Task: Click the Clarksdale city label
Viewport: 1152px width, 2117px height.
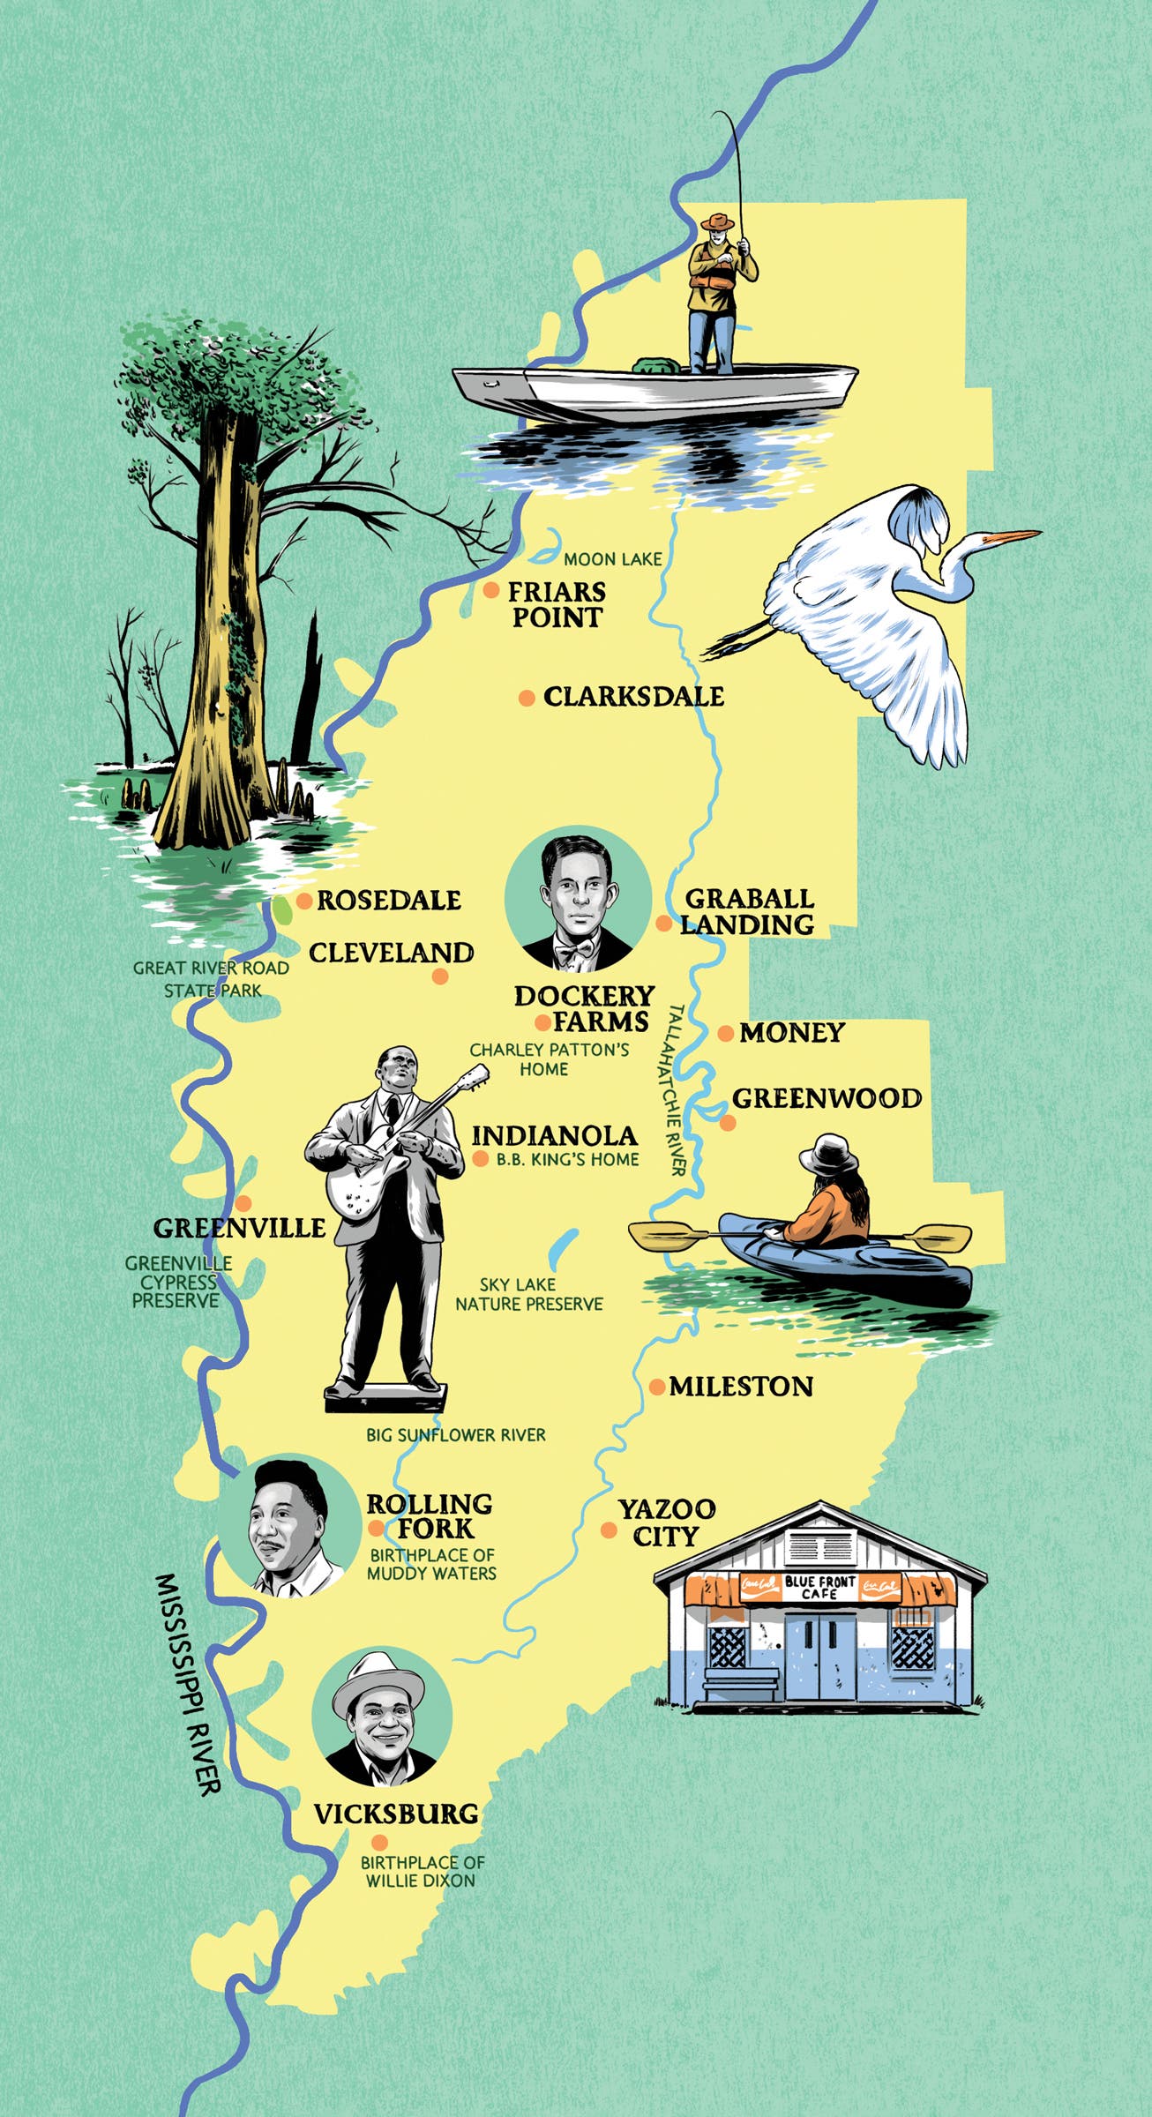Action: [x=633, y=697]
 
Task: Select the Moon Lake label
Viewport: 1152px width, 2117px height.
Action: [x=612, y=559]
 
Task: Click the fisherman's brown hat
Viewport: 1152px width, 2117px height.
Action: [x=719, y=221]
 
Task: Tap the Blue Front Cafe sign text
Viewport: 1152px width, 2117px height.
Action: [x=820, y=1588]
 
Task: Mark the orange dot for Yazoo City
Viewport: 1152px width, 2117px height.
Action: [x=609, y=1531]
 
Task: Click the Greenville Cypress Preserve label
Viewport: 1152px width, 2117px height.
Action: [x=176, y=1282]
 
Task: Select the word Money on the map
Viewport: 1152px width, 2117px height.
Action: [x=791, y=1032]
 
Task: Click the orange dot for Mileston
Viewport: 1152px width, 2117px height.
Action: [x=657, y=1387]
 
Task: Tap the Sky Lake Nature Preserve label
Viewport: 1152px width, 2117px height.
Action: [x=529, y=1294]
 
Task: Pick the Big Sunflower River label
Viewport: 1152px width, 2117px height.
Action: [x=456, y=1434]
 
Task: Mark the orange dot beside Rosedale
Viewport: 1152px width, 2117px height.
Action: [x=303, y=901]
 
